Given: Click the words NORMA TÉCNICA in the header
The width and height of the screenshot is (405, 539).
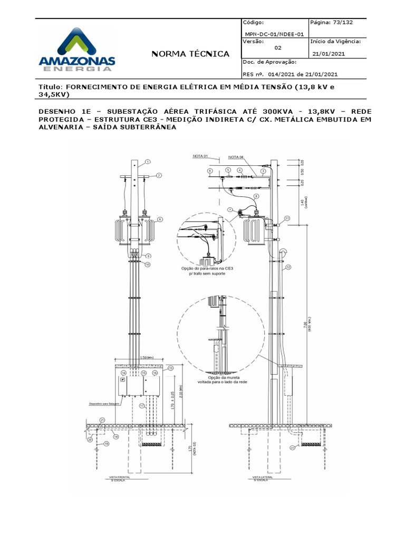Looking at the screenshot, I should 190,54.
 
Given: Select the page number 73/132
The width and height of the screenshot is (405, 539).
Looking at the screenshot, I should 332,23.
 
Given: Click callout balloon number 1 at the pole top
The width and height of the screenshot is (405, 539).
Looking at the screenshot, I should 148,162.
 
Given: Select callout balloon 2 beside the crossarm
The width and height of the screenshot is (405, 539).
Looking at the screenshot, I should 158,175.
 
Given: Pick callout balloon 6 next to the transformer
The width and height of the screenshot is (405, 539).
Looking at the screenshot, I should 159,219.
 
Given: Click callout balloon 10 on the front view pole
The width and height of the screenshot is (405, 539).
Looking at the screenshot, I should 148,264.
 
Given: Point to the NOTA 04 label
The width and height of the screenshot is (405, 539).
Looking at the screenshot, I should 236,157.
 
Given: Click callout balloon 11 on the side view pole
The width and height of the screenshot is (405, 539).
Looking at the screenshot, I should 287,217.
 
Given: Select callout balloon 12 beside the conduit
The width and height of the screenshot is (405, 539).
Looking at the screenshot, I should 288,267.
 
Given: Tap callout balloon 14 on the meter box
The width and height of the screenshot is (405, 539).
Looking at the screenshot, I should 123,373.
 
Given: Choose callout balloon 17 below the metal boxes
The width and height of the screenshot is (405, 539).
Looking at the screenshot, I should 142,406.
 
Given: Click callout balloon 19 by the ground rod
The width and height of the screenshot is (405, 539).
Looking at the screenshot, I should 106,444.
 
